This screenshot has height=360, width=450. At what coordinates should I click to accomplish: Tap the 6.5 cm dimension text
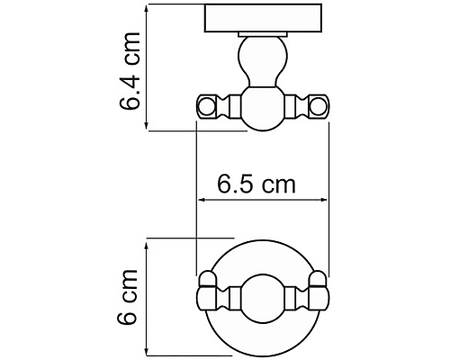pyautogui.click(x=256, y=185)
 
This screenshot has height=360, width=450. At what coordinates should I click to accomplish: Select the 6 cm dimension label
pyautogui.click(x=130, y=296)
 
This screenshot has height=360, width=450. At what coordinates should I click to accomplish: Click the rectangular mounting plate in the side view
pyautogui.click(x=263, y=18)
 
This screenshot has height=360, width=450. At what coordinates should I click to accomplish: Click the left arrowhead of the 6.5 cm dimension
pyautogui.click(x=201, y=202)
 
